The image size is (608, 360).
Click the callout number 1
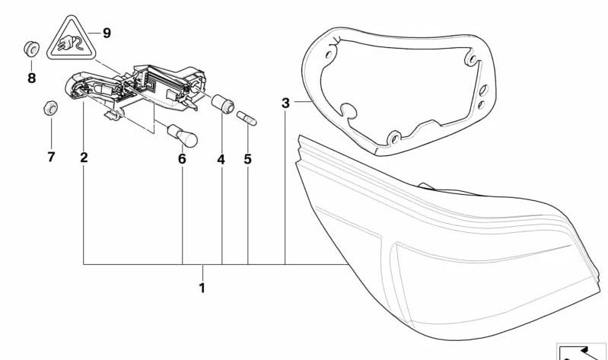(202, 288)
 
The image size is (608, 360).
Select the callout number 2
(84, 158)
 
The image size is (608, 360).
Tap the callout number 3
(285, 102)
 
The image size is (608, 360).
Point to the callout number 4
(221, 160)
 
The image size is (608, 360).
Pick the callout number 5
(247, 160)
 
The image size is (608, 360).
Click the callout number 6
(182, 159)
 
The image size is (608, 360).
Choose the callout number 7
(51, 158)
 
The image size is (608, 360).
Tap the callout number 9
(106, 33)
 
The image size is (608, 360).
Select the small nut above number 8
(31, 49)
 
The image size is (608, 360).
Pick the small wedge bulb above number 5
(249, 119)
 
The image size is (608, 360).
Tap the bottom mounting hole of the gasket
(393, 139)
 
